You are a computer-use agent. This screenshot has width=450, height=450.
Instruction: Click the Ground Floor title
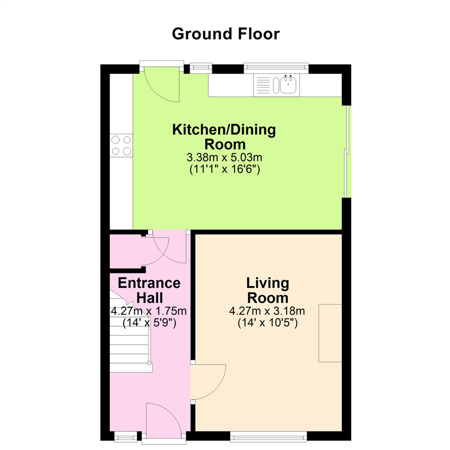coord(225,34)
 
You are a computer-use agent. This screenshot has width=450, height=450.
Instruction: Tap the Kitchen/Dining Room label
coord(224,137)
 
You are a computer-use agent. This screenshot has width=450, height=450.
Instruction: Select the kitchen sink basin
coord(288,84)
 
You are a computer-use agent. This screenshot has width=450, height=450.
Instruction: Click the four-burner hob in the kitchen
coord(121,145)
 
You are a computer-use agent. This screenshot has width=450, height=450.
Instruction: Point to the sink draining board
coord(262,85)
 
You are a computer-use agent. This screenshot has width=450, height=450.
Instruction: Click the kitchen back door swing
coord(162,84)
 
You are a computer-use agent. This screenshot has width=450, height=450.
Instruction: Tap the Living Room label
coord(267,290)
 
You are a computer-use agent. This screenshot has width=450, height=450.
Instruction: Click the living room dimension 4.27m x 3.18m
coord(267,311)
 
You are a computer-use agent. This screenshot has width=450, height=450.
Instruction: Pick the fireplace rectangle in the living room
coord(330,333)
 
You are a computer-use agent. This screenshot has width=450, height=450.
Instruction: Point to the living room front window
coord(269,437)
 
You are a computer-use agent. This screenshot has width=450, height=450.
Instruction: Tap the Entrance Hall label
coord(149,290)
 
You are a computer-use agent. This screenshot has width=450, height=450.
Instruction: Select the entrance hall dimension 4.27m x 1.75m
coord(149,311)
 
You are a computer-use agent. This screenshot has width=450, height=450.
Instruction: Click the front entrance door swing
coord(164,421)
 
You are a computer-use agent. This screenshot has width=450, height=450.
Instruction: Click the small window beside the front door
coord(126,437)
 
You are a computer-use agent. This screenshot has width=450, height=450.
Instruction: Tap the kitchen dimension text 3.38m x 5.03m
coord(225,157)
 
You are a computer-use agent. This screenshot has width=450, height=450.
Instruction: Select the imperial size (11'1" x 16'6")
coord(225,169)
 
